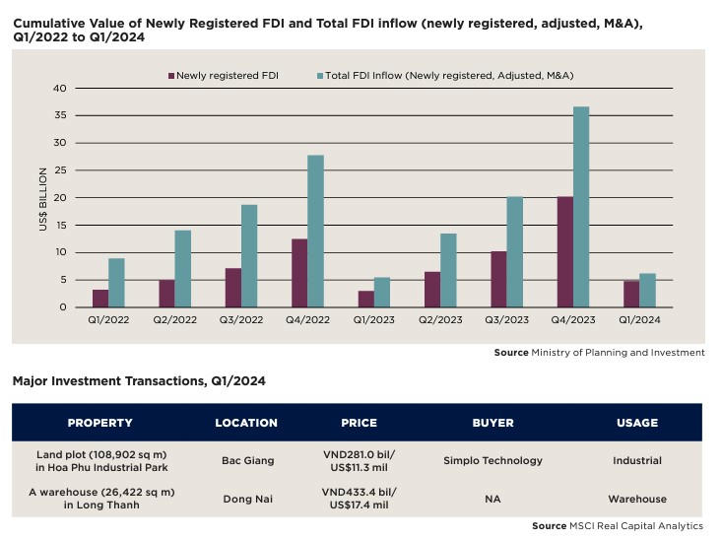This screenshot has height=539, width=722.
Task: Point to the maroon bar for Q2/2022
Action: click(167, 294)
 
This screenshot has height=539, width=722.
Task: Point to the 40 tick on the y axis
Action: click(60, 89)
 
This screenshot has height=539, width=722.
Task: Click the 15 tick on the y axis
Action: click(60, 226)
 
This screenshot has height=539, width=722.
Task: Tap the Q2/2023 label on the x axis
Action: click(440, 321)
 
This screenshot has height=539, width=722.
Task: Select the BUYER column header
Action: click(492, 423)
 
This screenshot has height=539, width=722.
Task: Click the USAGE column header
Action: click(636, 423)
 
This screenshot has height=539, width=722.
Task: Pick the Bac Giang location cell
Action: click(246, 460)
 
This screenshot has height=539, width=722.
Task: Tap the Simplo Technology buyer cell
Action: click(492, 460)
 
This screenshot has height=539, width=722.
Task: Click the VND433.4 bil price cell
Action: click(359, 500)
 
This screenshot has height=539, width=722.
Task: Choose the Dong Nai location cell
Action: click(246, 500)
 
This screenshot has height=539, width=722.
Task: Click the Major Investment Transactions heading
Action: click(139, 380)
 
